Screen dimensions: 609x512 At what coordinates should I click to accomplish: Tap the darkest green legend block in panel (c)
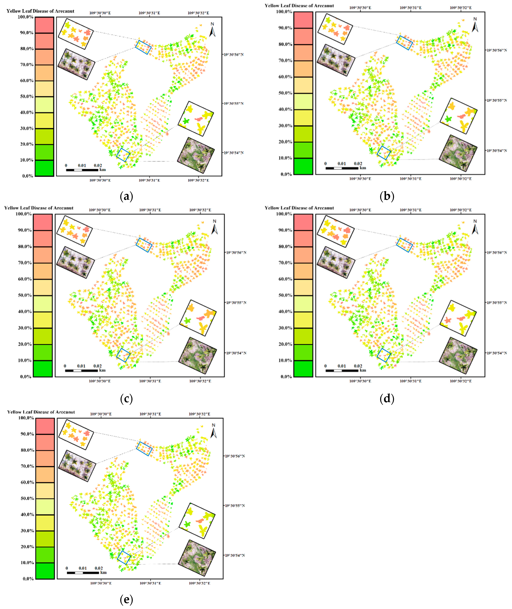click(43, 369)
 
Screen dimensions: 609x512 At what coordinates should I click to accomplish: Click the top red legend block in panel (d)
click(303, 222)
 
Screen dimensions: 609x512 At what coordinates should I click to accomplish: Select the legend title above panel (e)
click(41, 412)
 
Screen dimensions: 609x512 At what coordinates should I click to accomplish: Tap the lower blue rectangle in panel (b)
click(384, 153)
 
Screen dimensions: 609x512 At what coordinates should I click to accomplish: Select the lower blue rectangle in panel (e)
click(124, 557)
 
